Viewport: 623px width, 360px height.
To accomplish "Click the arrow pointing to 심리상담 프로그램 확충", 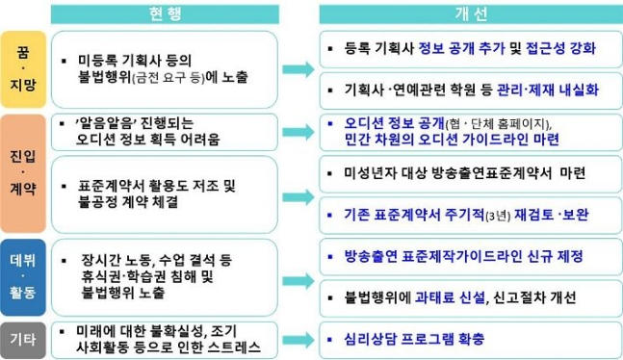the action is (299, 339).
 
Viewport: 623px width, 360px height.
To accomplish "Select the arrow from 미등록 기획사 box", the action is (299, 69).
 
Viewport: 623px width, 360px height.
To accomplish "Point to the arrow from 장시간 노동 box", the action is (299, 274).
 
